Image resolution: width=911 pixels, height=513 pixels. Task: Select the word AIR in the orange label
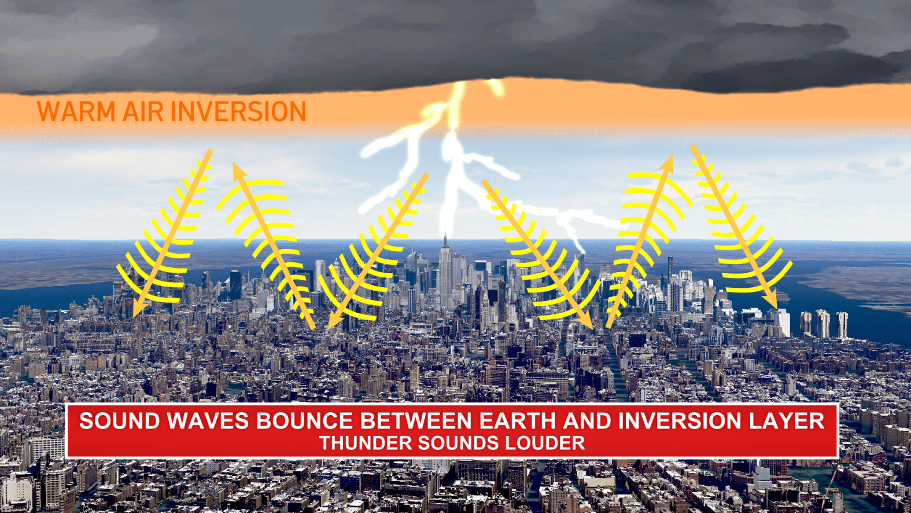pyautogui.click(x=141, y=111)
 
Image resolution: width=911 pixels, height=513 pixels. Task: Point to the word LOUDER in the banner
pyautogui.click(x=545, y=443)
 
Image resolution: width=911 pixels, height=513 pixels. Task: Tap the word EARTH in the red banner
pyautogui.click(x=517, y=420)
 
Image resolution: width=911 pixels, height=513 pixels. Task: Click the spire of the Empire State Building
pyautogui.click(x=445, y=240)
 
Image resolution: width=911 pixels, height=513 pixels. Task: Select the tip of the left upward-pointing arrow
pyautogui.click(x=234, y=164)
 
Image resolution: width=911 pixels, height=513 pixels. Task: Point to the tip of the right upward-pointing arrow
pyautogui.click(x=672, y=156)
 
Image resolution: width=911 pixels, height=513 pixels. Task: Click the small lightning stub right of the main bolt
pyautogui.click(x=496, y=87)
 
